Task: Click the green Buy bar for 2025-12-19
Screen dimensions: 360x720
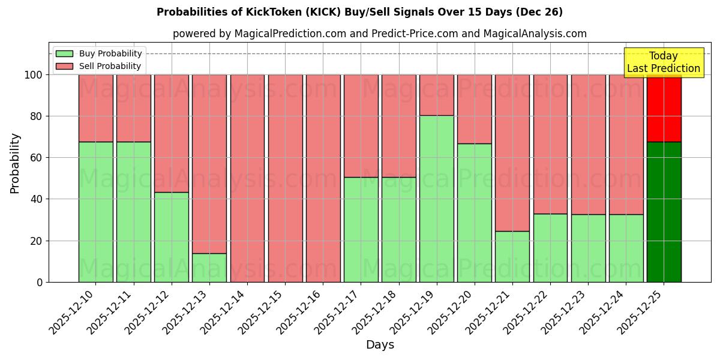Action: (436, 199)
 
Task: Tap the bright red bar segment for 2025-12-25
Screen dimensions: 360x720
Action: (664, 109)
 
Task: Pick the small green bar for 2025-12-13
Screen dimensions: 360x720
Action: (209, 268)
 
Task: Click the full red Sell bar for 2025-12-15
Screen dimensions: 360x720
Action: (285, 178)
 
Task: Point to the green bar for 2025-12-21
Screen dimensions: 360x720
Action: (512, 256)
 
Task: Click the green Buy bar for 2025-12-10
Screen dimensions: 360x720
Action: (95, 212)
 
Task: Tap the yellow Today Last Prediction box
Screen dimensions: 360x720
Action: (663, 62)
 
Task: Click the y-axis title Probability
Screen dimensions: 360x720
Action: (15, 163)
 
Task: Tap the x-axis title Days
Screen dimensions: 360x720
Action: (380, 345)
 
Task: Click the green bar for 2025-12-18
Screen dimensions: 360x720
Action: (398, 229)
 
